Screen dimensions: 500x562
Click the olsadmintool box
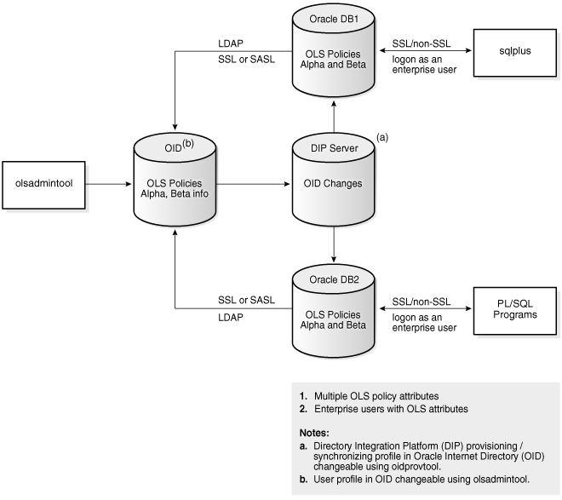[42, 183]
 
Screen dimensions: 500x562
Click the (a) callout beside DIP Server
[382, 136]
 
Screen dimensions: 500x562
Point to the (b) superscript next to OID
[188, 143]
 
